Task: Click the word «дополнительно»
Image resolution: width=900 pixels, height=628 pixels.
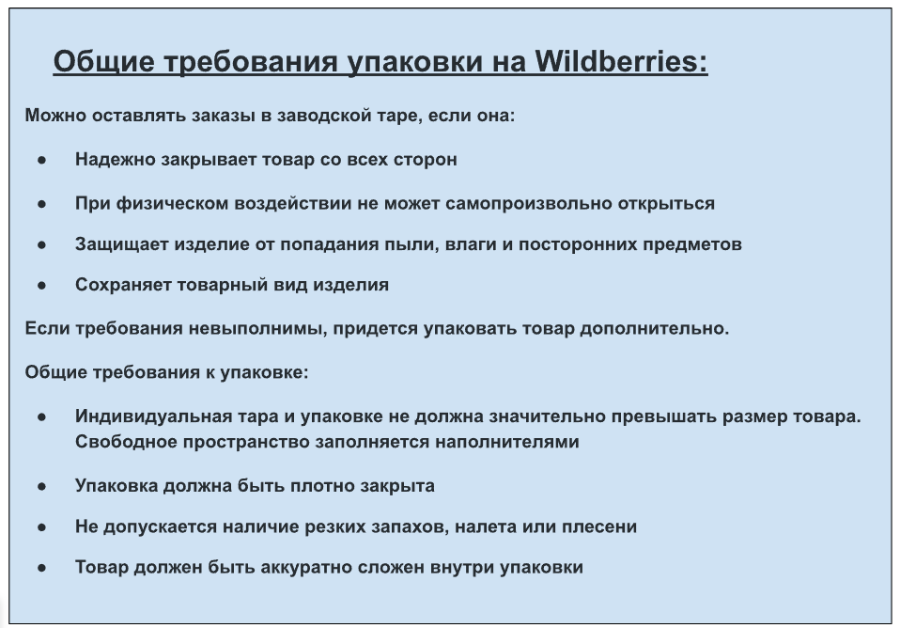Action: pyautogui.click(x=654, y=329)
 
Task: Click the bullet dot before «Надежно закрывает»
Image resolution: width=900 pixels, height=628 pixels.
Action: pyautogui.click(x=42, y=161)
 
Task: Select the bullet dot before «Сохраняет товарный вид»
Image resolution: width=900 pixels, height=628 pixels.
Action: pyautogui.click(x=42, y=286)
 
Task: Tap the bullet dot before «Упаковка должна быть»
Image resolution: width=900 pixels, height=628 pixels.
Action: pyautogui.click(x=42, y=487)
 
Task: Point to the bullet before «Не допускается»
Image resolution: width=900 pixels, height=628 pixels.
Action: pyautogui.click(x=42, y=527)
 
